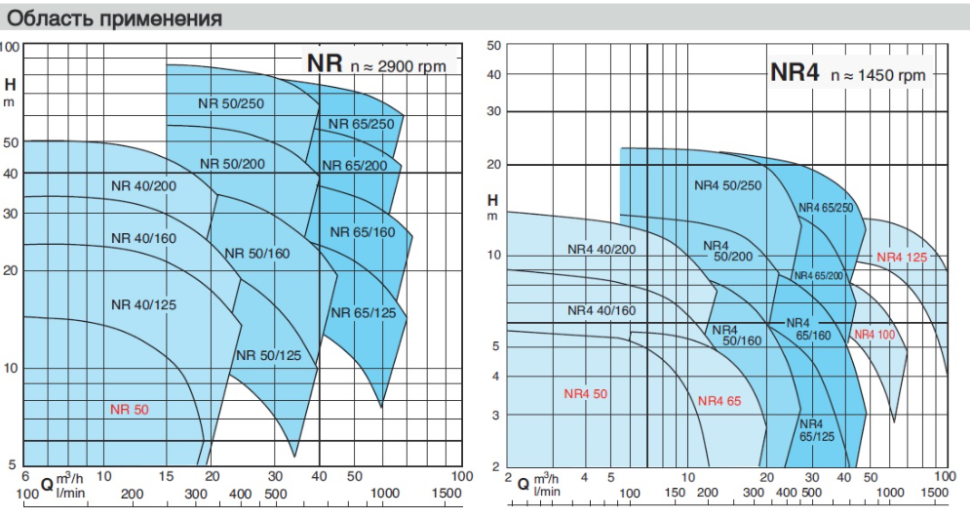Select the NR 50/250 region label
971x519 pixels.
coord(232,103)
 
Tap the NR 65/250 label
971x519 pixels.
coord(361,124)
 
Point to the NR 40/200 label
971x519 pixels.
coord(143,185)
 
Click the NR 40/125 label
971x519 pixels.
coord(143,304)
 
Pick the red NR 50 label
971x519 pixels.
coord(129,409)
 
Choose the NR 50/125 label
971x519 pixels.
coord(268,354)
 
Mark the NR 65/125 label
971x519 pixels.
coord(363,312)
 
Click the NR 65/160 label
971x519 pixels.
coord(363,232)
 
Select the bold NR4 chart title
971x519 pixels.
coord(793,72)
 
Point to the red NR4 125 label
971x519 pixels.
coord(902,258)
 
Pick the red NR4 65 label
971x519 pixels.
coord(719,400)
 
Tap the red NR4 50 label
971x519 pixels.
coord(585,394)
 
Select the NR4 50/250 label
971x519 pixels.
coord(726,184)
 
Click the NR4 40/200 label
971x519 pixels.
coord(602,249)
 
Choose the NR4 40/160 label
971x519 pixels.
coord(602,310)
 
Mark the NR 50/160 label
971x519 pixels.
coord(257,254)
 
